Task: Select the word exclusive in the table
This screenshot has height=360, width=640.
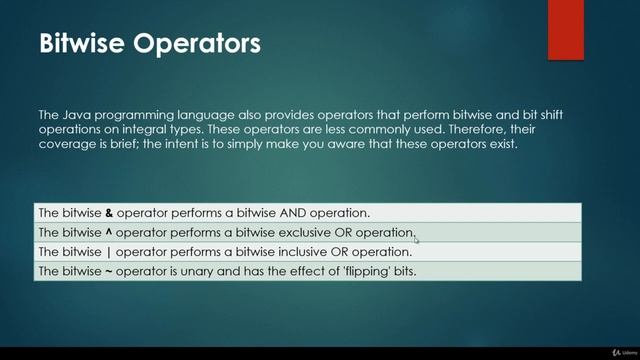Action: [291, 232]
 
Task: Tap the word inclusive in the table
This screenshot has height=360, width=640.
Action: [289, 251]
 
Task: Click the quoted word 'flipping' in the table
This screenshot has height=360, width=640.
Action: [353, 271]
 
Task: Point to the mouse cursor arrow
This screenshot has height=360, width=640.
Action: [416, 238]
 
